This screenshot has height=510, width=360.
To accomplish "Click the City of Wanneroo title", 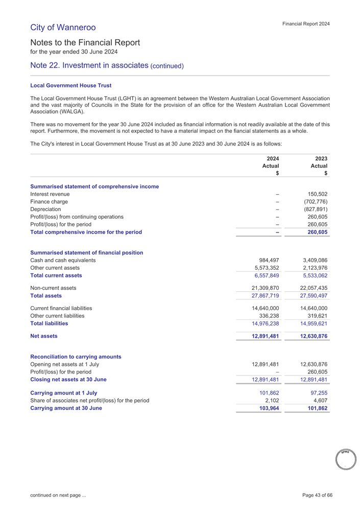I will tap(63, 27).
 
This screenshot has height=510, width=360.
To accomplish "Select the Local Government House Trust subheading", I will tap(71, 85).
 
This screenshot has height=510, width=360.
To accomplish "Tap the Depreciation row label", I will tap(45, 209).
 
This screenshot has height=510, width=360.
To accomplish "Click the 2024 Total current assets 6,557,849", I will tap(265, 275).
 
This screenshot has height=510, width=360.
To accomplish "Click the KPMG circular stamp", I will tap(345, 458).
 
